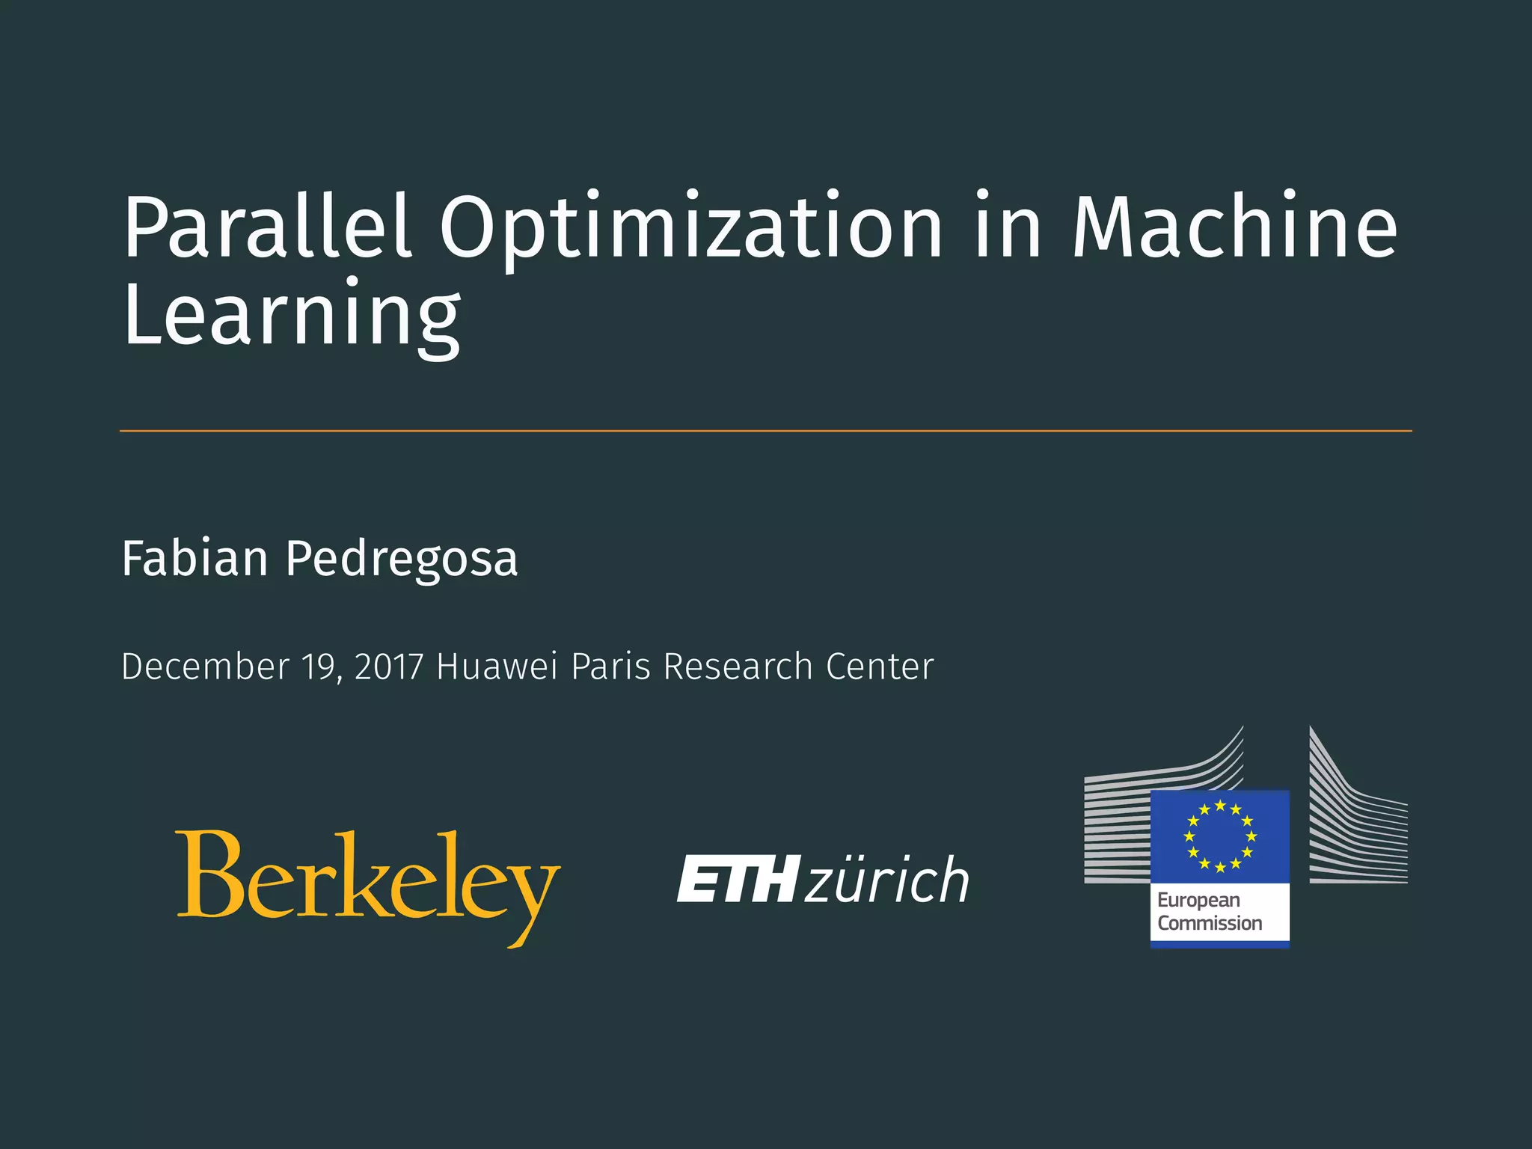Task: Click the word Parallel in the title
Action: [x=267, y=227]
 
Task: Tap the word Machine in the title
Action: [x=1234, y=227]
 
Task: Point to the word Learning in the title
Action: [x=292, y=316]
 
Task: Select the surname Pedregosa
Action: [x=402, y=560]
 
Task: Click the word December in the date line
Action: [x=205, y=667]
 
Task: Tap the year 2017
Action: [x=389, y=667]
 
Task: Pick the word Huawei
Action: [x=497, y=667]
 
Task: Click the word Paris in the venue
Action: [x=610, y=667]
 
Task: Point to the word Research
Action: [x=738, y=667]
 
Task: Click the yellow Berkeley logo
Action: [x=368, y=883]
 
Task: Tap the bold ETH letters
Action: [x=738, y=880]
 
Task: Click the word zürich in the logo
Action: [x=887, y=880]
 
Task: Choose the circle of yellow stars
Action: [x=1220, y=836]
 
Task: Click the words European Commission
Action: [x=1209, y=912]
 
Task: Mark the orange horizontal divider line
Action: [x=766, y=431]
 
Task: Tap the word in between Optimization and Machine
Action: [x=1008, y=227]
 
